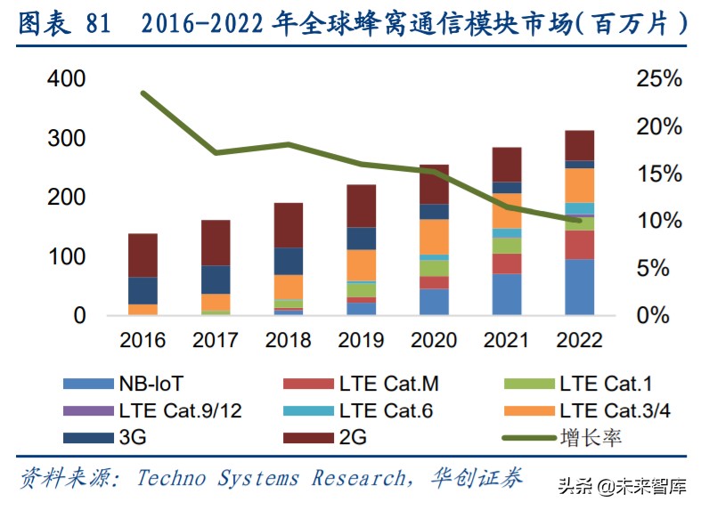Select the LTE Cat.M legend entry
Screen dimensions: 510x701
[361, 385]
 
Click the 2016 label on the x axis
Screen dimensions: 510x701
[143, 341]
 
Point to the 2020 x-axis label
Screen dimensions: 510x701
[434, 341]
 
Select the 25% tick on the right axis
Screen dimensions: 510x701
[659, 79]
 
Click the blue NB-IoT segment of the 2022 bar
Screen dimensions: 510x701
[580, 287]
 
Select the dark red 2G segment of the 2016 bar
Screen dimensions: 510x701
[143, 255]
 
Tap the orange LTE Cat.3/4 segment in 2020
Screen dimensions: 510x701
[434, 237]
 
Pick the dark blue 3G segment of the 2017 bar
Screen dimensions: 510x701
[216, 279]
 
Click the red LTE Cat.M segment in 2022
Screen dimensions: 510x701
[580, 245]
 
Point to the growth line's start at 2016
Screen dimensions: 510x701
[143, 93]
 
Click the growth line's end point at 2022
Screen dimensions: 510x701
[580, 220]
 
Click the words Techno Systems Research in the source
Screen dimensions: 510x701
[270, 478]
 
